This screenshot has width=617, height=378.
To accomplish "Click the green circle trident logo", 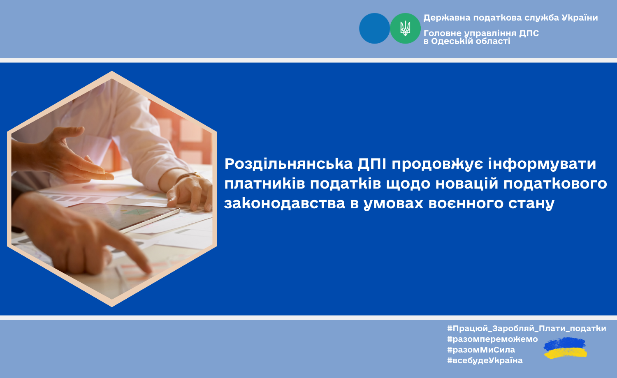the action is click(x=405, y=28).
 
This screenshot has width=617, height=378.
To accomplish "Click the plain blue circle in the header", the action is click(x=375, y=28).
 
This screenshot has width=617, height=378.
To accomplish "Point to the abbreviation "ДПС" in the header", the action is click(x=529, y=33).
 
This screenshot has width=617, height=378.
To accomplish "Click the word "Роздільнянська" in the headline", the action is click(x=288, y=164).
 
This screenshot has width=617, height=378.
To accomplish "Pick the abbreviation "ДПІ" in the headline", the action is click(x=372, y=164).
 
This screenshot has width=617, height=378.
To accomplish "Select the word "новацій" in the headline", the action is click(x=467, y=184).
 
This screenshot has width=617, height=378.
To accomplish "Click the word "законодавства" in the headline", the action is click(x=285, y=203).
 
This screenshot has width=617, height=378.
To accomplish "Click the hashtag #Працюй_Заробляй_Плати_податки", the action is click(x=527, y=328).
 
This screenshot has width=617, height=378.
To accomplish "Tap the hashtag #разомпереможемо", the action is click(x=492, y=339).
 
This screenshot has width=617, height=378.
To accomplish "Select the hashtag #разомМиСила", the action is click(x=481, y=350).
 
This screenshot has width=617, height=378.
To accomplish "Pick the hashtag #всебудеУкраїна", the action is click(x=485, y=360).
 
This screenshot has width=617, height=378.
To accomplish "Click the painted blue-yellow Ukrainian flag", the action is click(x=565, y=348).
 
